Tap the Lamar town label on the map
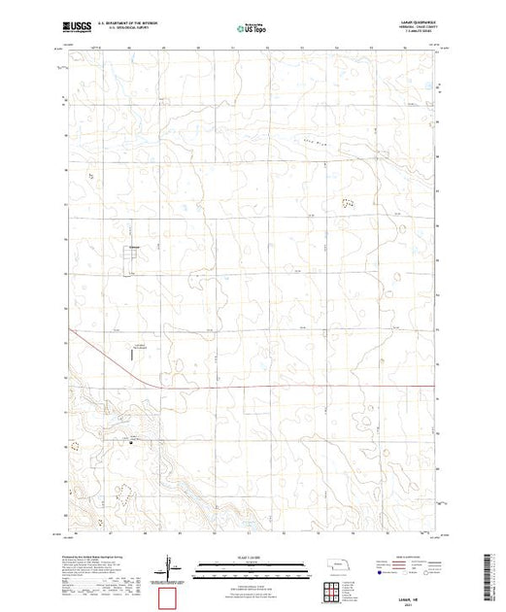(136, 247)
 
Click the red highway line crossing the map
(291, 386)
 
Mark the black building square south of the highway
(133, 442)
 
